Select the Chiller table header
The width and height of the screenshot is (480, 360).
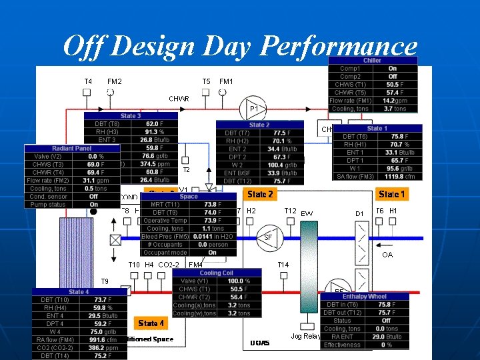372,60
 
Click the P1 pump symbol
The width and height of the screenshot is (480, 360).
253,108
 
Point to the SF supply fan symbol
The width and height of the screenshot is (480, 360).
267,237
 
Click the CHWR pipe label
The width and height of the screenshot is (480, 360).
179,99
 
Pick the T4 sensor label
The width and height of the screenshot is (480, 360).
88,81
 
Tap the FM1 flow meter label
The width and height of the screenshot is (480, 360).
227,81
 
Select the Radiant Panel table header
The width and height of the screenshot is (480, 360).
71,148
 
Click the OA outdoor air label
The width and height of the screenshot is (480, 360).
387,255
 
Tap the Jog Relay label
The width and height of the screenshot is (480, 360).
305,335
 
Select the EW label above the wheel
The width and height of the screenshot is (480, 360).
307,213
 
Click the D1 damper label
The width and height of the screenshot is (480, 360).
359,213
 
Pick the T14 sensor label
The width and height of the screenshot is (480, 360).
283,265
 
